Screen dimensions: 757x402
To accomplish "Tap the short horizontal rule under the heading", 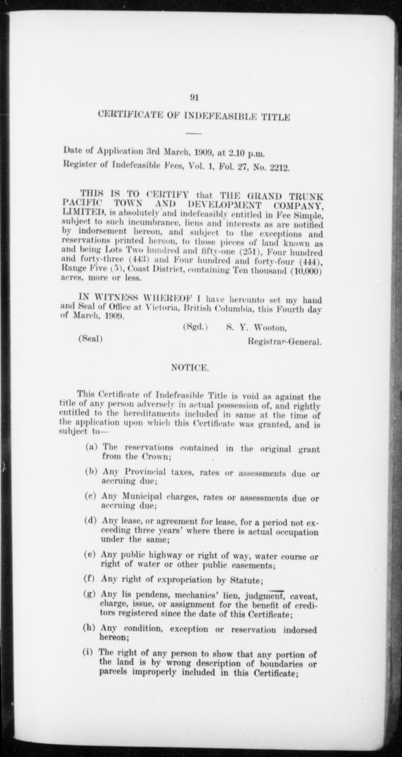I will (194, 133).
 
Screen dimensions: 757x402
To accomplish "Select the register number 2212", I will (279, 168).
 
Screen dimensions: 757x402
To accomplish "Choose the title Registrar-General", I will (284, 342).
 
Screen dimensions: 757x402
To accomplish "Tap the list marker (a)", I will (91, 447).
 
